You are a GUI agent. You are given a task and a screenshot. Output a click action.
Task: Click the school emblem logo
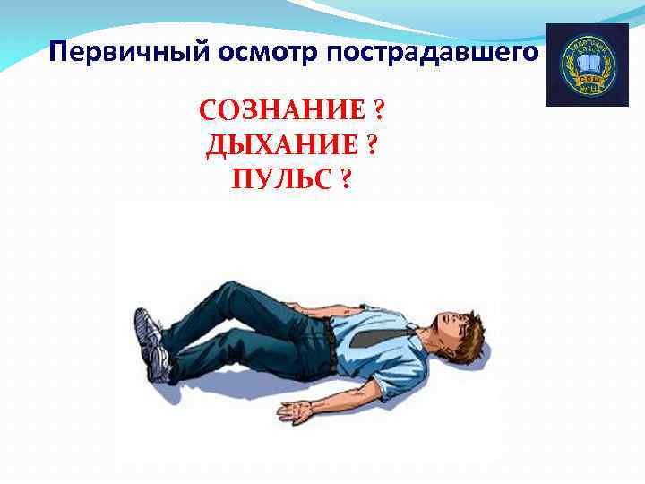[587, 65]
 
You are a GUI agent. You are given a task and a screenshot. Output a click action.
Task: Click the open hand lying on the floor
[297, 411]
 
